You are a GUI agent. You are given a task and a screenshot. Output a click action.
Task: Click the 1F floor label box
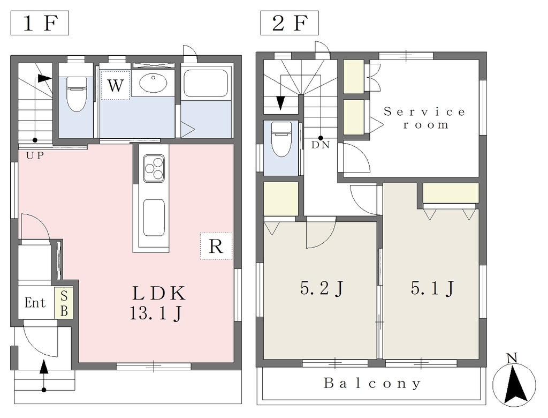click(40, 23)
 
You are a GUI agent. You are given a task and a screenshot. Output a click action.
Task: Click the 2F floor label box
click(290, 23)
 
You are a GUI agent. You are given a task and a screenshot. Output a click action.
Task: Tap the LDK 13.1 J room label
click(158, 303)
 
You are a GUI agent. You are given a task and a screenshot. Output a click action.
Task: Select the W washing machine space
click(116, 85)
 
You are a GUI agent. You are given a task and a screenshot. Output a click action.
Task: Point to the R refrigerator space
click(216, 246)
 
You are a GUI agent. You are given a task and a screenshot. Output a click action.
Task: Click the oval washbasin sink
click(153, 83)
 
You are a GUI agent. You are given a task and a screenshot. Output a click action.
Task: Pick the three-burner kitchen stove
click(154, 168)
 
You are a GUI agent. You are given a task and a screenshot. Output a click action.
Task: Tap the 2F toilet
click(281, 139)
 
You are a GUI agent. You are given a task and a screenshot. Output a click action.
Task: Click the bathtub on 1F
click(207, 84)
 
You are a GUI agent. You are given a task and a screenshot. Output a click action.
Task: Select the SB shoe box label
click(64, 303)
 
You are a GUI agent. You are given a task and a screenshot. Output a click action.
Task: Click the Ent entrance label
click(35, 302)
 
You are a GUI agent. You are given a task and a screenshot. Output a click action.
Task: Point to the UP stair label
click(35, 155)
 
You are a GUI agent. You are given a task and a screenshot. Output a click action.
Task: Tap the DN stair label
click(321, 145)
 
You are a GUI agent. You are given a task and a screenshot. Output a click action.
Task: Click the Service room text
click(425, 118)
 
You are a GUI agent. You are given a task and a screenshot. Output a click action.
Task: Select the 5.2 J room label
click(322, 288)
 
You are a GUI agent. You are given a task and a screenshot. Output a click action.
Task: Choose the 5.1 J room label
click(432, 288)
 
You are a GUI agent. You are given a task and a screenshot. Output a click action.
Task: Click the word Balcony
click(372, 383)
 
